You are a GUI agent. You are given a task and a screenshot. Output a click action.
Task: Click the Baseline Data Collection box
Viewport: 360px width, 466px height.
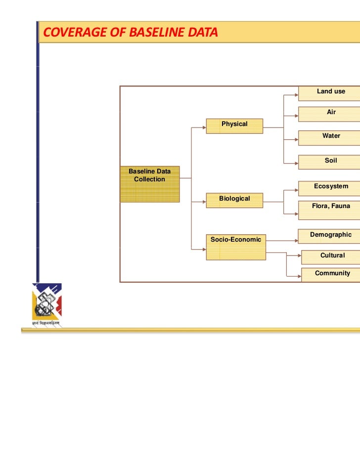[x=149, y=183]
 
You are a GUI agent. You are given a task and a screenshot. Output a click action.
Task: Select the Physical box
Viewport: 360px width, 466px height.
[x=234, y=126]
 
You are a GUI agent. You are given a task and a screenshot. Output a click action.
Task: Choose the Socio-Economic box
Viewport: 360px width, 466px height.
[x=236, y=247]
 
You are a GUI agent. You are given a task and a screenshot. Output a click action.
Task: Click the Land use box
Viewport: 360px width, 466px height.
[x=329, y=93]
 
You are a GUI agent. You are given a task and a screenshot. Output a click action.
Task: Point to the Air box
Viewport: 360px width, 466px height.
[x=329, y=114]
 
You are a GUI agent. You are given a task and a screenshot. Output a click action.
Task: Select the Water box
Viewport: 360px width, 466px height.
[x=329, y=137]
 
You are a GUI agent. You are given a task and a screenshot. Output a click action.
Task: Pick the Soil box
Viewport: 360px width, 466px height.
[x=329, y=163]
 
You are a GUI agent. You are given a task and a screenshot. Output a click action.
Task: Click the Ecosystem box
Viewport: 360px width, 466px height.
[x=329, y=188]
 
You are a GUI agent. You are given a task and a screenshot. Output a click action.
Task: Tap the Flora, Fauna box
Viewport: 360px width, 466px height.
[x=329, y=210]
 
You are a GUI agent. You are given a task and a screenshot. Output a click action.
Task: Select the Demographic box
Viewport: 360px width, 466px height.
[x=329, y=236]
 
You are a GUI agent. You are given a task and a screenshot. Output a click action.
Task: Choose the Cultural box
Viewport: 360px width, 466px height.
[x=331, y=257]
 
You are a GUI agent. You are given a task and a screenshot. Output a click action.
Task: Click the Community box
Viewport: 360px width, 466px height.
[x=331, y=275]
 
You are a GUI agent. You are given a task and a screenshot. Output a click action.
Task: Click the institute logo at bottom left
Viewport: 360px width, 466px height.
[x=47, y=300]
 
